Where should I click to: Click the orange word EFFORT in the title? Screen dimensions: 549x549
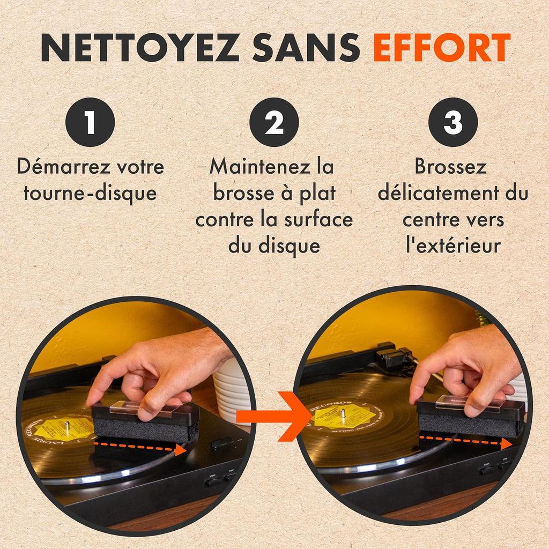pyautogui.click(x=441, y=48)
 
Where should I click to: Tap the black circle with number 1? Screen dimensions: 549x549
pyautogui.click(x=90, y=122)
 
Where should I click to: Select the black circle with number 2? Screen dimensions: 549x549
pyautogui.click(x=274, y=122)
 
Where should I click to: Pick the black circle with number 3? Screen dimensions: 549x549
pyautogui.click(x=452, y=122)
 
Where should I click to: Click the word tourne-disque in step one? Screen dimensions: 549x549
pyautogui.click(x=90, y=193)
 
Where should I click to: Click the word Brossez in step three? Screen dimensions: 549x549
pyautogui.click(x=450, y=167)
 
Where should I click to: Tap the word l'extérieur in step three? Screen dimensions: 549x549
pyautogui.click(x=453, y=246)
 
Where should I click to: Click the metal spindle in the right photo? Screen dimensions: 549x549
pyautogui.click(x=343, y=414)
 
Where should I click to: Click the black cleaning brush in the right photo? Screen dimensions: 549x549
pyautogui.click(x=471, y=417)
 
